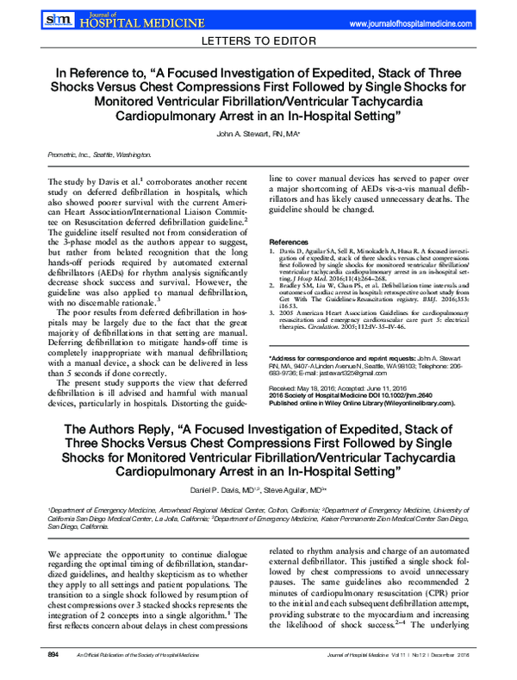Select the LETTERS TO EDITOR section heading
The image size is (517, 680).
(258, 41)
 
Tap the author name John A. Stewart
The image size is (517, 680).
(249, 135)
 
